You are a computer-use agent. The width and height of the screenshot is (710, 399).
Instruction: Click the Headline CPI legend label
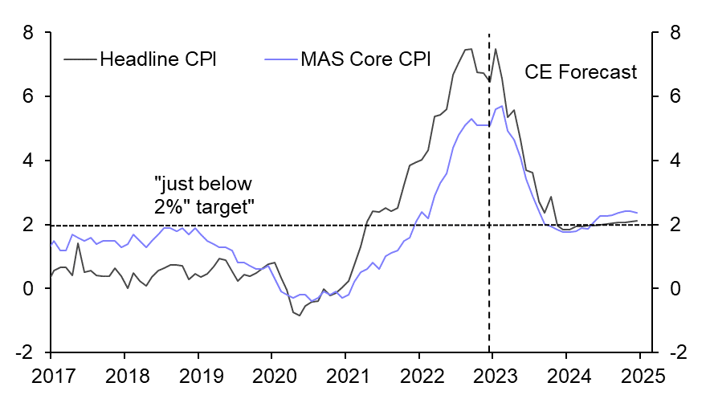click(157, 59)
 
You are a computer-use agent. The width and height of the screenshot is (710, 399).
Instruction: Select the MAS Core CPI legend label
click(365, 59)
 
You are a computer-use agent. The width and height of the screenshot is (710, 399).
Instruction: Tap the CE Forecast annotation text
click(581, 72)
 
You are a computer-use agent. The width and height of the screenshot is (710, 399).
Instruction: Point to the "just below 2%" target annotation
click(204, 195)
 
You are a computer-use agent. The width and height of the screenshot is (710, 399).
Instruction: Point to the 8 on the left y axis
click(29, 33)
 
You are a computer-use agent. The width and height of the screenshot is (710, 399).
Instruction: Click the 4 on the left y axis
click(29, 161)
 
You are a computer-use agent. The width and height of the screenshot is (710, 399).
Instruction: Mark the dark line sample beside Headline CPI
click(80, 59)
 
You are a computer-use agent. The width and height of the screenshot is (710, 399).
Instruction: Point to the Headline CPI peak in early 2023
click(495, 49)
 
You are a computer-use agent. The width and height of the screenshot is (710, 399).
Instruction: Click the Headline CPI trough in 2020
click(299, 316)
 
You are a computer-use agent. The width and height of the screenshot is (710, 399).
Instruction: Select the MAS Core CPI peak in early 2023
click(501, 106)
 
